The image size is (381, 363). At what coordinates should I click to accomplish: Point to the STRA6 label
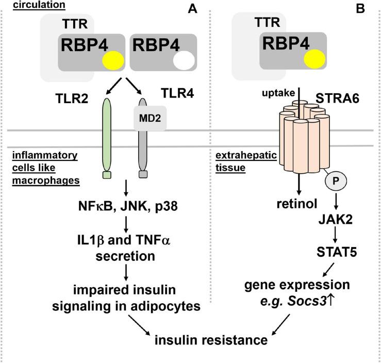340,95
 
